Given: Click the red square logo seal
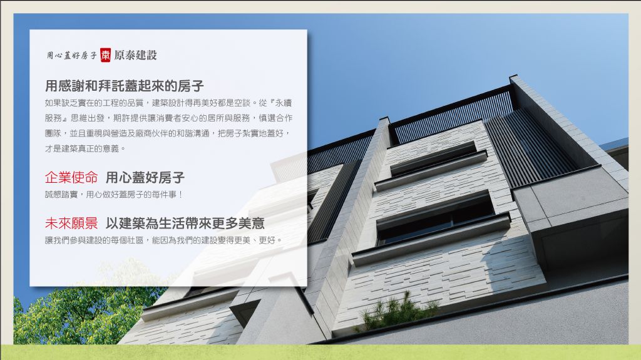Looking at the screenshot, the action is [105, 55].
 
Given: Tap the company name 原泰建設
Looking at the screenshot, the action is [135, 55].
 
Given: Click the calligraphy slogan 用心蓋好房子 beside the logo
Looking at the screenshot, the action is [71, 55].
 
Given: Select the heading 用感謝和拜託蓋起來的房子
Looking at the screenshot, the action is [125, 86].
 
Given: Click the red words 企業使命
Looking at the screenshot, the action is [71, 178].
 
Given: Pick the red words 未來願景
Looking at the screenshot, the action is [71, 224].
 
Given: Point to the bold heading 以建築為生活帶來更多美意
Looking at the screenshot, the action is [185, 224].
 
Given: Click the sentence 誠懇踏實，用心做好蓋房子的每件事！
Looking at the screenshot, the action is [114, 195].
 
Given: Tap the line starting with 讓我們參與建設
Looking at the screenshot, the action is [163, 240].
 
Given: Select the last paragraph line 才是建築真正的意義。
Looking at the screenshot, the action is [85, 148].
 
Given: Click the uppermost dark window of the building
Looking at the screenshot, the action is [433, 158].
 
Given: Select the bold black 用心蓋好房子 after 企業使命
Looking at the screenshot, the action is [145, 178].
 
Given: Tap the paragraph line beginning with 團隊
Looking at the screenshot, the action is [168, 133].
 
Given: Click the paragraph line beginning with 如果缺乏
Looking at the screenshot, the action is [168, 103].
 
